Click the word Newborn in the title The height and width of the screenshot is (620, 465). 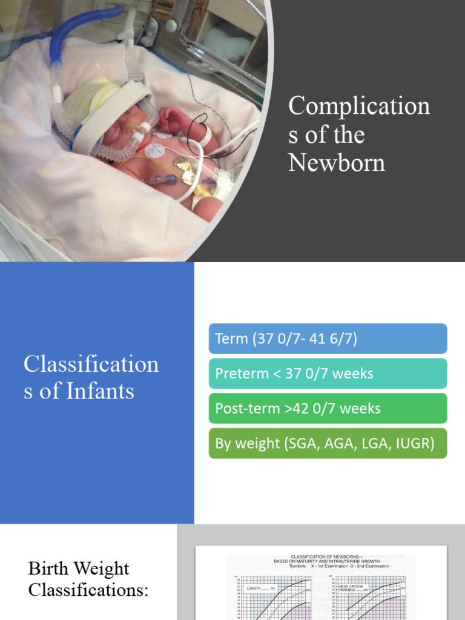tap(337, 162)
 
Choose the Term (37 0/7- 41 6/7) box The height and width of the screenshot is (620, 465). tap(328, 338)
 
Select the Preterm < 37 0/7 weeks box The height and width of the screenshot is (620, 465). tap(328, 374)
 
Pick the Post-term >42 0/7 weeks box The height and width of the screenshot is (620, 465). tap(328, 409)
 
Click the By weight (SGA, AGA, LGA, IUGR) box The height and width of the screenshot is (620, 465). tap(328, 443)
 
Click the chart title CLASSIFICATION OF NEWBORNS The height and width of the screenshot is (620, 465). tap(320, 556)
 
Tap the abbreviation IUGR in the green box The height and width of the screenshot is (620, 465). tap(414, 443)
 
